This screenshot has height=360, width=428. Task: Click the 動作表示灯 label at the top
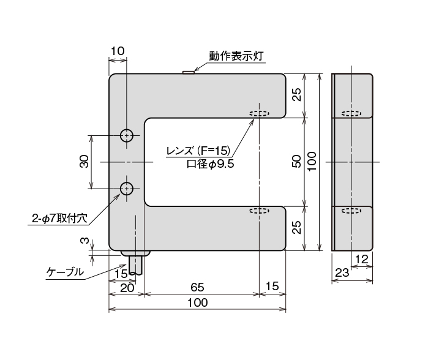click(x=236, y=56)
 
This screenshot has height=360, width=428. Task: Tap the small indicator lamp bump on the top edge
click(x=189, y=72)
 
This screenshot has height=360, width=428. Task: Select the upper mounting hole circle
click(x=127, y=136)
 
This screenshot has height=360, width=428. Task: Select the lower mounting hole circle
click(x=127, y=189)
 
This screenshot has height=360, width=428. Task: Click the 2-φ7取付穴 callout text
click(x=60, y=217)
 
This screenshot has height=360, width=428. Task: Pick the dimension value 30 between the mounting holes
click(x=84, y=162)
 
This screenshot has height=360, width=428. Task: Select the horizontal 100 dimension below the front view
click(x=197, y=302)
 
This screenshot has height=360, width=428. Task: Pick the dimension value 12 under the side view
click(x=362, y=260)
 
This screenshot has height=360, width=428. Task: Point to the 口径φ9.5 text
click(x=210, y=163)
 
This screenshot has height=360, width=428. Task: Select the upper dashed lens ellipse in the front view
click(x=259, y=114)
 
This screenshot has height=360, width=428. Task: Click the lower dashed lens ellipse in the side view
click(x=351, y=211)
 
